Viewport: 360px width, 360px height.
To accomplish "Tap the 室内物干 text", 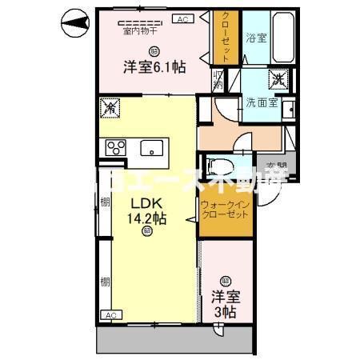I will click(x=139, y=32).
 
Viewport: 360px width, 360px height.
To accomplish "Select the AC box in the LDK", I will click(x=110, y=316).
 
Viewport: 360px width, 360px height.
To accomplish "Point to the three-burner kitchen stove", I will click(x=115, y=148).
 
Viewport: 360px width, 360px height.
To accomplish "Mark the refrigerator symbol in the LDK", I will click(x=110, y=106).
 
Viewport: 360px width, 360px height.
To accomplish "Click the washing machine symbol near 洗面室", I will click(x=279, y=80).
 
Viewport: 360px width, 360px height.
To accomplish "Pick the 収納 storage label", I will click(x=218, y=80).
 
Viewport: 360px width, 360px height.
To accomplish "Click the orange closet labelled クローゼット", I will click(x=226, y=38).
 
